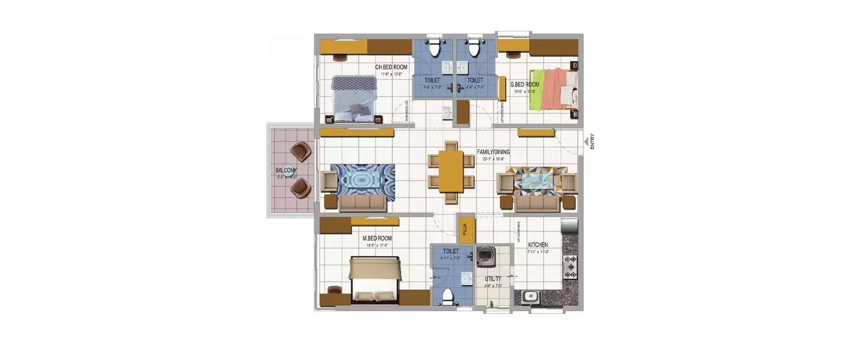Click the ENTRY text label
tap(592, 142)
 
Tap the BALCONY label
tap(286, 170)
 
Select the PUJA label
tap(465, 230)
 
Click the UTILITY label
tap(494, 278)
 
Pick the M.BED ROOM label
tap(377, 238)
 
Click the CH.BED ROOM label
tap(391, 67)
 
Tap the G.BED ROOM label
tap(525, 85)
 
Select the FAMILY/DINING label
tap(493, 152)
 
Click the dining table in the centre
tap(451, 171)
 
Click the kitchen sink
tap(529, 297)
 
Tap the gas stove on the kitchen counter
tap(570, 267)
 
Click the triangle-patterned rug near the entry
tap(539, 181)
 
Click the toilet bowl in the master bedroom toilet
tap(446, 297)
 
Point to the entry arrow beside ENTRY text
tap(585, 141)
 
